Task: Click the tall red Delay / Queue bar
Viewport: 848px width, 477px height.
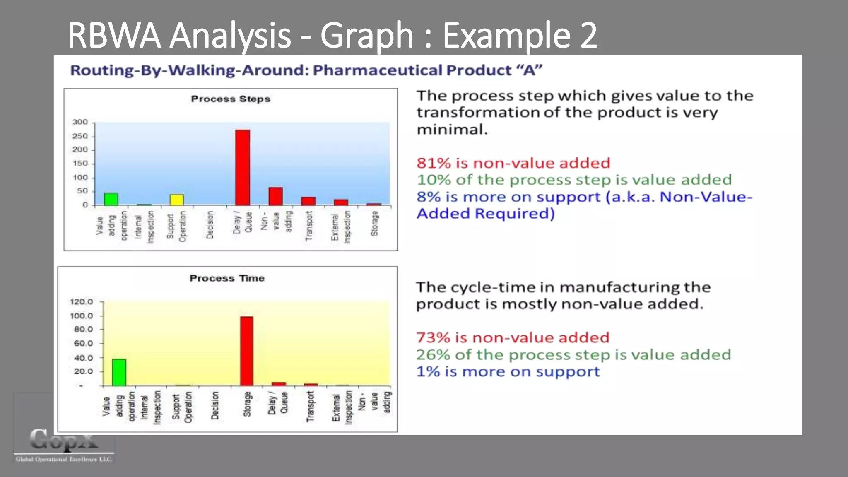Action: [243, 168]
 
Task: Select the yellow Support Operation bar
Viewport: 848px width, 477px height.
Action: [177, 200]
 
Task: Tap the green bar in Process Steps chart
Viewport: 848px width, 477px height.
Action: [111, 199]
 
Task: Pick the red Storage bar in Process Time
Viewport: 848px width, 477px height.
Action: [247, 351]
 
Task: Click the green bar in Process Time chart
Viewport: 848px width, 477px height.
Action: [119, 372]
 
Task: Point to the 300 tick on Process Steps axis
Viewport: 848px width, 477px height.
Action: [80, 122]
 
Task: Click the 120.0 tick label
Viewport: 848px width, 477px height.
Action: [82, 302]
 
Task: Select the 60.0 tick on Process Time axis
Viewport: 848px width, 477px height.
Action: [83, 343]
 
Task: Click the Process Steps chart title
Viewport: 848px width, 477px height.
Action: [231, 99]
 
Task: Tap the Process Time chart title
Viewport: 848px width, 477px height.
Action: [227, 278]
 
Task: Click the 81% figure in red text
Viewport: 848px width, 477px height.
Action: [434, 163]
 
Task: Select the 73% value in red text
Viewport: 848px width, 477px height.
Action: [433, 338]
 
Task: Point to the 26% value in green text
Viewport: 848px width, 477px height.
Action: [433, 355]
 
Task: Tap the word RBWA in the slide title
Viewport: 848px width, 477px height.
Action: [114, 36]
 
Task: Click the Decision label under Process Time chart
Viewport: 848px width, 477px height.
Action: [215, 406]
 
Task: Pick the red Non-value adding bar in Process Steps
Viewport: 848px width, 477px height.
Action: [275, 196]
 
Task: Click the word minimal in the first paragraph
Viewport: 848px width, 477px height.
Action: [452, 130]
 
